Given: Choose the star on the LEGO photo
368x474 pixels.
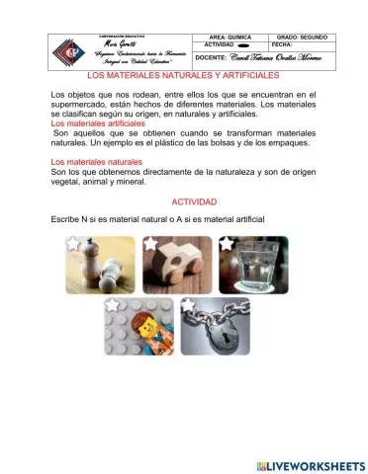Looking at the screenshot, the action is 112,305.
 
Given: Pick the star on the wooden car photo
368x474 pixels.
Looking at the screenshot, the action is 149,243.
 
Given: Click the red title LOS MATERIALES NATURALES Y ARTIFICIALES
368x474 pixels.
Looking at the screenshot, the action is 184,74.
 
